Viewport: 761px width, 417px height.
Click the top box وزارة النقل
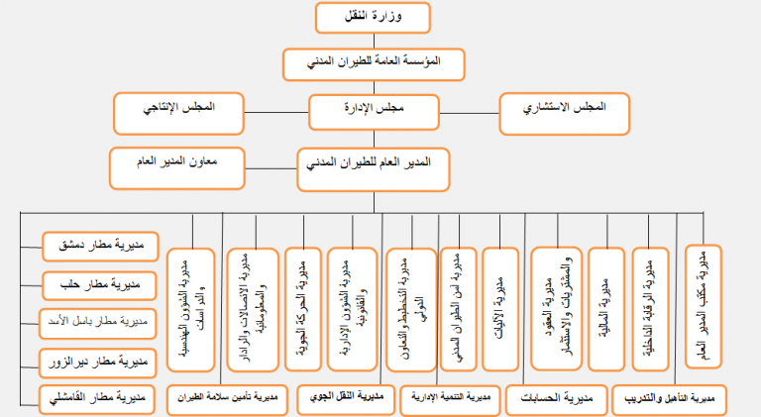374,18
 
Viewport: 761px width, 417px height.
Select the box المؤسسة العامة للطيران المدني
374,62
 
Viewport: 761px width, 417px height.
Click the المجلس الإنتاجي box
179,112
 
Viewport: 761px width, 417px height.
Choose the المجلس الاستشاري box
565,113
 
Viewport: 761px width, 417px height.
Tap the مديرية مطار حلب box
96,285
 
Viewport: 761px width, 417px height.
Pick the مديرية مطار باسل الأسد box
96,323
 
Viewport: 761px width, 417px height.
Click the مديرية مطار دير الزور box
96,361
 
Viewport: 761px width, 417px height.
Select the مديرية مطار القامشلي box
96,399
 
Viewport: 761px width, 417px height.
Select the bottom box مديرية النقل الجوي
345,400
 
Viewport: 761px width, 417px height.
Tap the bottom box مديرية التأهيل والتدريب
670,400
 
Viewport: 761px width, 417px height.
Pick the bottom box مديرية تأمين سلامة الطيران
227,400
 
